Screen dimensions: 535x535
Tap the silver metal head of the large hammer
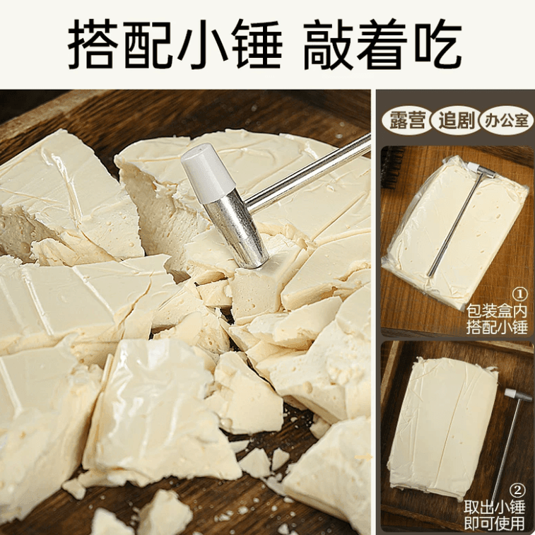click(240, 234)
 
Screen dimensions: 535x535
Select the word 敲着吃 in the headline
click(382, 44)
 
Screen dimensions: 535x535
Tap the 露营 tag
click(408, 121)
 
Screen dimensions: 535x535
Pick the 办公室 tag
click(505, 121)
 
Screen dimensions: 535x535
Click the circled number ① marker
click(519, 294)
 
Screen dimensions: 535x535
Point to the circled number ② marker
click(519, 490)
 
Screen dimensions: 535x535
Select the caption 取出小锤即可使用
click(495, 516)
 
